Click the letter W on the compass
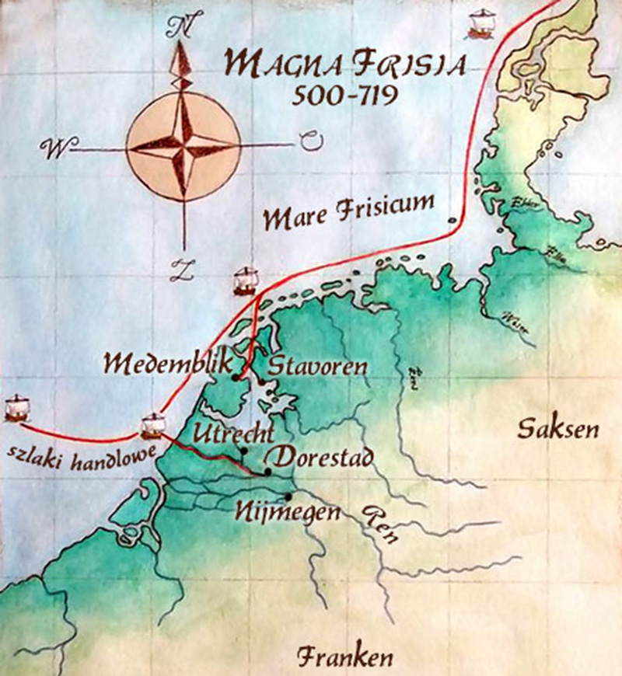[55, 146]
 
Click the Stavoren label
[316, 366]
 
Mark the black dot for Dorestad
[267, 472]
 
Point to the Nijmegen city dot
[288, 497]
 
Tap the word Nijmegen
[288, 513]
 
